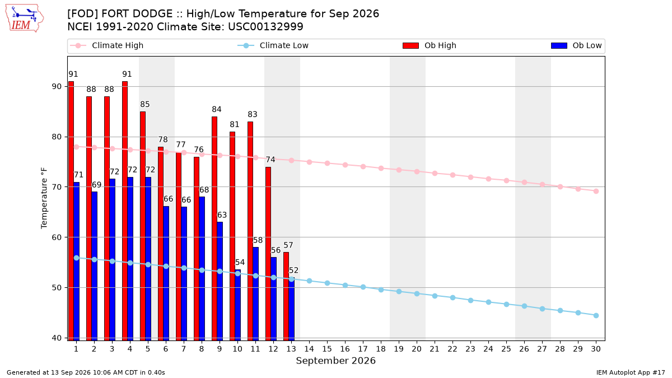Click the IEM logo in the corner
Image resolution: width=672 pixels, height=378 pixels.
click(x=25, y=18)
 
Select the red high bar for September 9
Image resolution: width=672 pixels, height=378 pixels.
click(x=214, y=228)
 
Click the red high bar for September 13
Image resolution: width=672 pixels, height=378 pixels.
click(x=286, y=296)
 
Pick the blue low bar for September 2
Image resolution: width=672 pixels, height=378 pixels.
click(x=95, y=266)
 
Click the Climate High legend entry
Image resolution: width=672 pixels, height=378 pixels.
click(x=107, y=45)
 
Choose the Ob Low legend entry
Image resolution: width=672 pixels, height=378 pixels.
click(x=576, y=45)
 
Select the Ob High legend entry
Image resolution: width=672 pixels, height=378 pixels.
click(x=430, y=45)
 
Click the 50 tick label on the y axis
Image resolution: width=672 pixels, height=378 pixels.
click(x=57, y=287)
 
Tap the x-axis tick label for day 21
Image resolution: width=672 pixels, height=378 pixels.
click(x=435, y=349)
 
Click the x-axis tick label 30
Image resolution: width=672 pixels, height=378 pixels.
click(x=596, y=349)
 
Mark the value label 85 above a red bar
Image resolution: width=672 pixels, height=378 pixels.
click(x=145, y=104)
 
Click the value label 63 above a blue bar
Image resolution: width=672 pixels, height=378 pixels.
click(x=222, y=215)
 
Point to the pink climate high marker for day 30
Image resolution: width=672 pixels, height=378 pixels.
click(x=596, y=191)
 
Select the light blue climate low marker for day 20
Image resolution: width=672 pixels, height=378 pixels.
click(x=417, y=293)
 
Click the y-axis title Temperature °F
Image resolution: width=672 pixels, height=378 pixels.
click(x=44, y=198)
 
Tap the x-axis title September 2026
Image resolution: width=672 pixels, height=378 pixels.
click(x=335, y=361)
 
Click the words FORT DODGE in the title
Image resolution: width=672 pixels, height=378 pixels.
click(x=137, y=14)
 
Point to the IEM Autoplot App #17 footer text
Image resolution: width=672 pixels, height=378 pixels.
click(x=631, y=372)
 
